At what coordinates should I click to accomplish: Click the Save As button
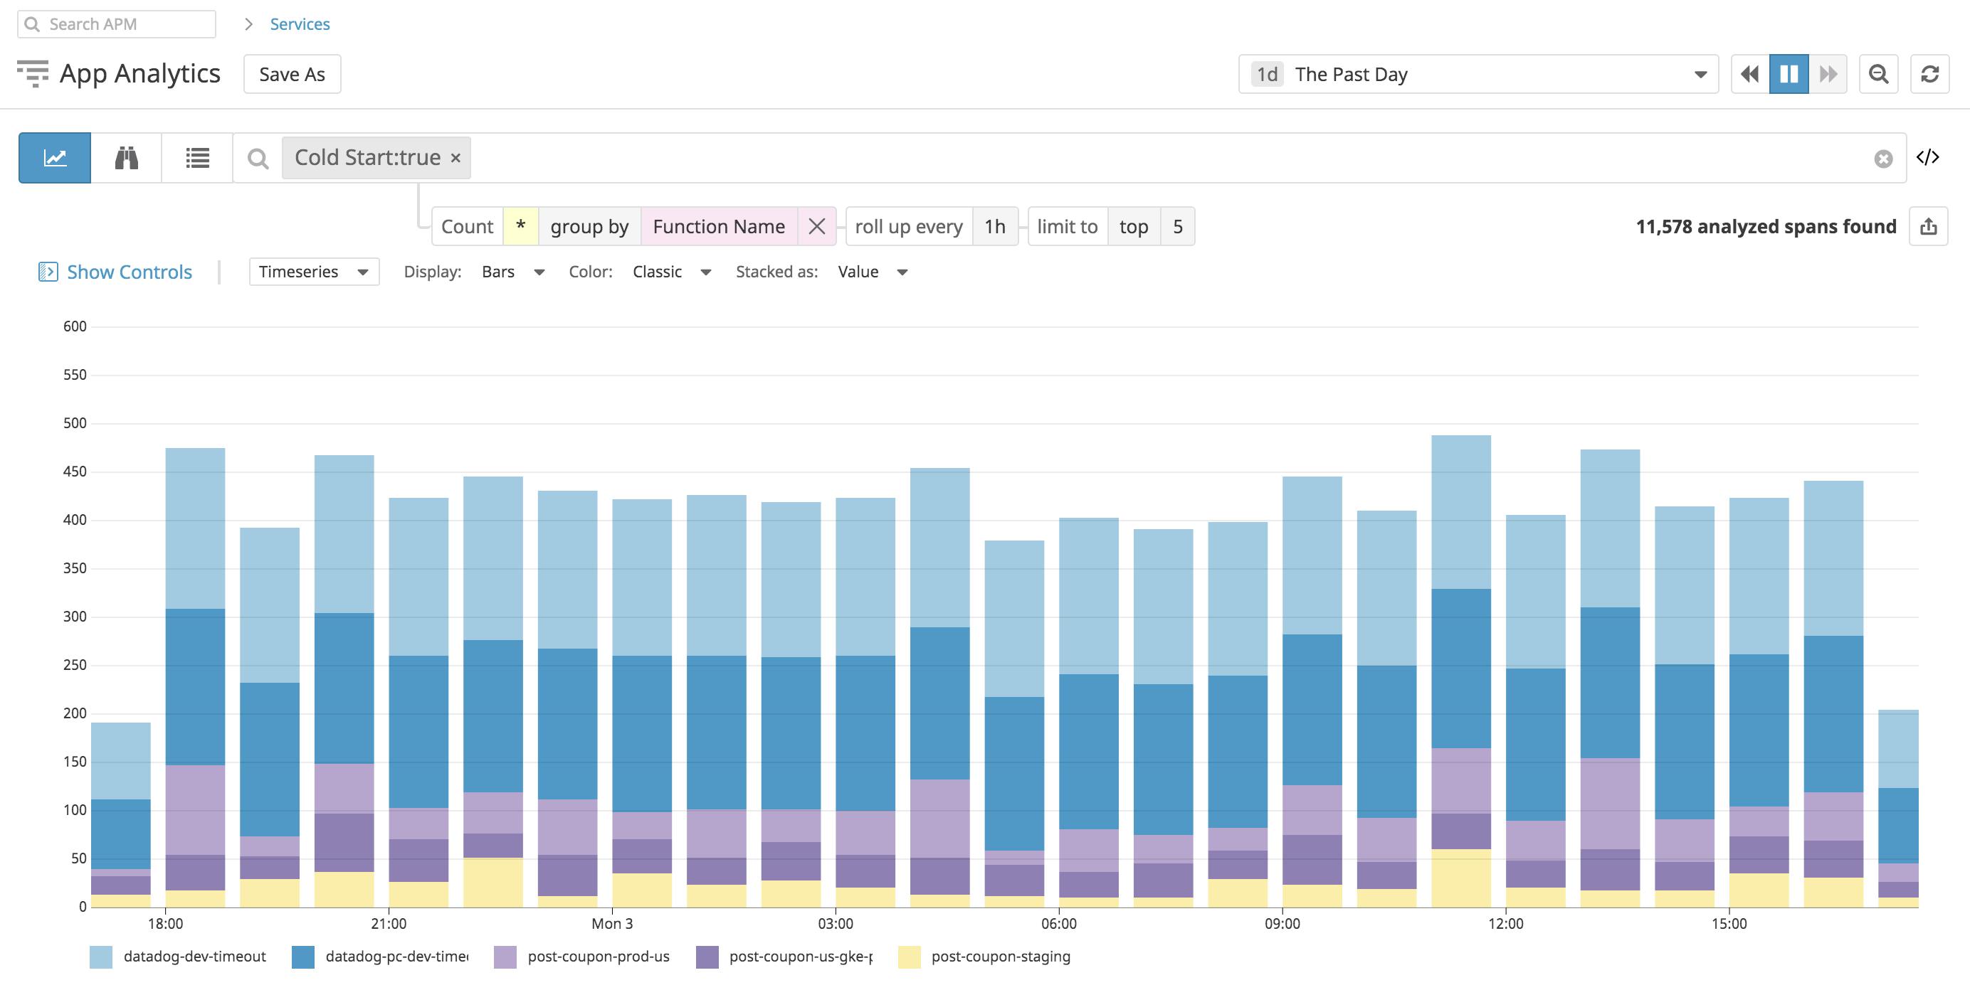tap(291, 74)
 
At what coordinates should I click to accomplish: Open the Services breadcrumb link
tap(299, 23)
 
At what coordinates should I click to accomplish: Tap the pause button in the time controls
tap(1788, 74)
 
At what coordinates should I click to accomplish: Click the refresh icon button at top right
tap(1929, 74)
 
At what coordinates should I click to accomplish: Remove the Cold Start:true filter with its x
tap(455, 157)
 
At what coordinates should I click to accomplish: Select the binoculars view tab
tap(126, 157)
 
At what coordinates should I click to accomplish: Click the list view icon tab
tap(197, 157)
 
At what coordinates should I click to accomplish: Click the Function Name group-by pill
tap(718, 226)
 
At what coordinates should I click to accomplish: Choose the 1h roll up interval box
tap(994, 226)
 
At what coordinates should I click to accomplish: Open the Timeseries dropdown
tap(314, 272)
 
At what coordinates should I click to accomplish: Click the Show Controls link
tap(129, 272)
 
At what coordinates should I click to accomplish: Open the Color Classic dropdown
tap(670, 272)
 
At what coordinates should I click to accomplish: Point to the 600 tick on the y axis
tap(75, 326)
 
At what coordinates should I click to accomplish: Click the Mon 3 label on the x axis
tap(612, 923)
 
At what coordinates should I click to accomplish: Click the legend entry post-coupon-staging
tap(999, 957)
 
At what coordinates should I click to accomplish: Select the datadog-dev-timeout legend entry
tap(194, 957)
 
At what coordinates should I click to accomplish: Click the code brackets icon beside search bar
tap(1927, 157)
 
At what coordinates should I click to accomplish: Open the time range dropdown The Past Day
tap(1477, 74)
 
